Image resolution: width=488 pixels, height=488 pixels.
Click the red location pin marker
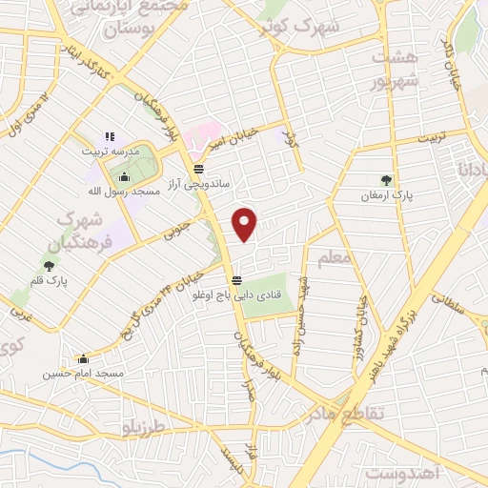(x=245, y=224)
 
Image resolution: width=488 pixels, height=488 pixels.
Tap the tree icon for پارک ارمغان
(x=386, y=178)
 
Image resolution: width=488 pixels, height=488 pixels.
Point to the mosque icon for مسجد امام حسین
(x=84, y=359)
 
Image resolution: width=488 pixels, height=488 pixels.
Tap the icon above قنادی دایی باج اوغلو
(x=235, y=280)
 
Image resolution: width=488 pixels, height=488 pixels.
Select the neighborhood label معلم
(x=337, y=257)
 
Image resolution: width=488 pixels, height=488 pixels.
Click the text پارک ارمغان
(x=386, y=194)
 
